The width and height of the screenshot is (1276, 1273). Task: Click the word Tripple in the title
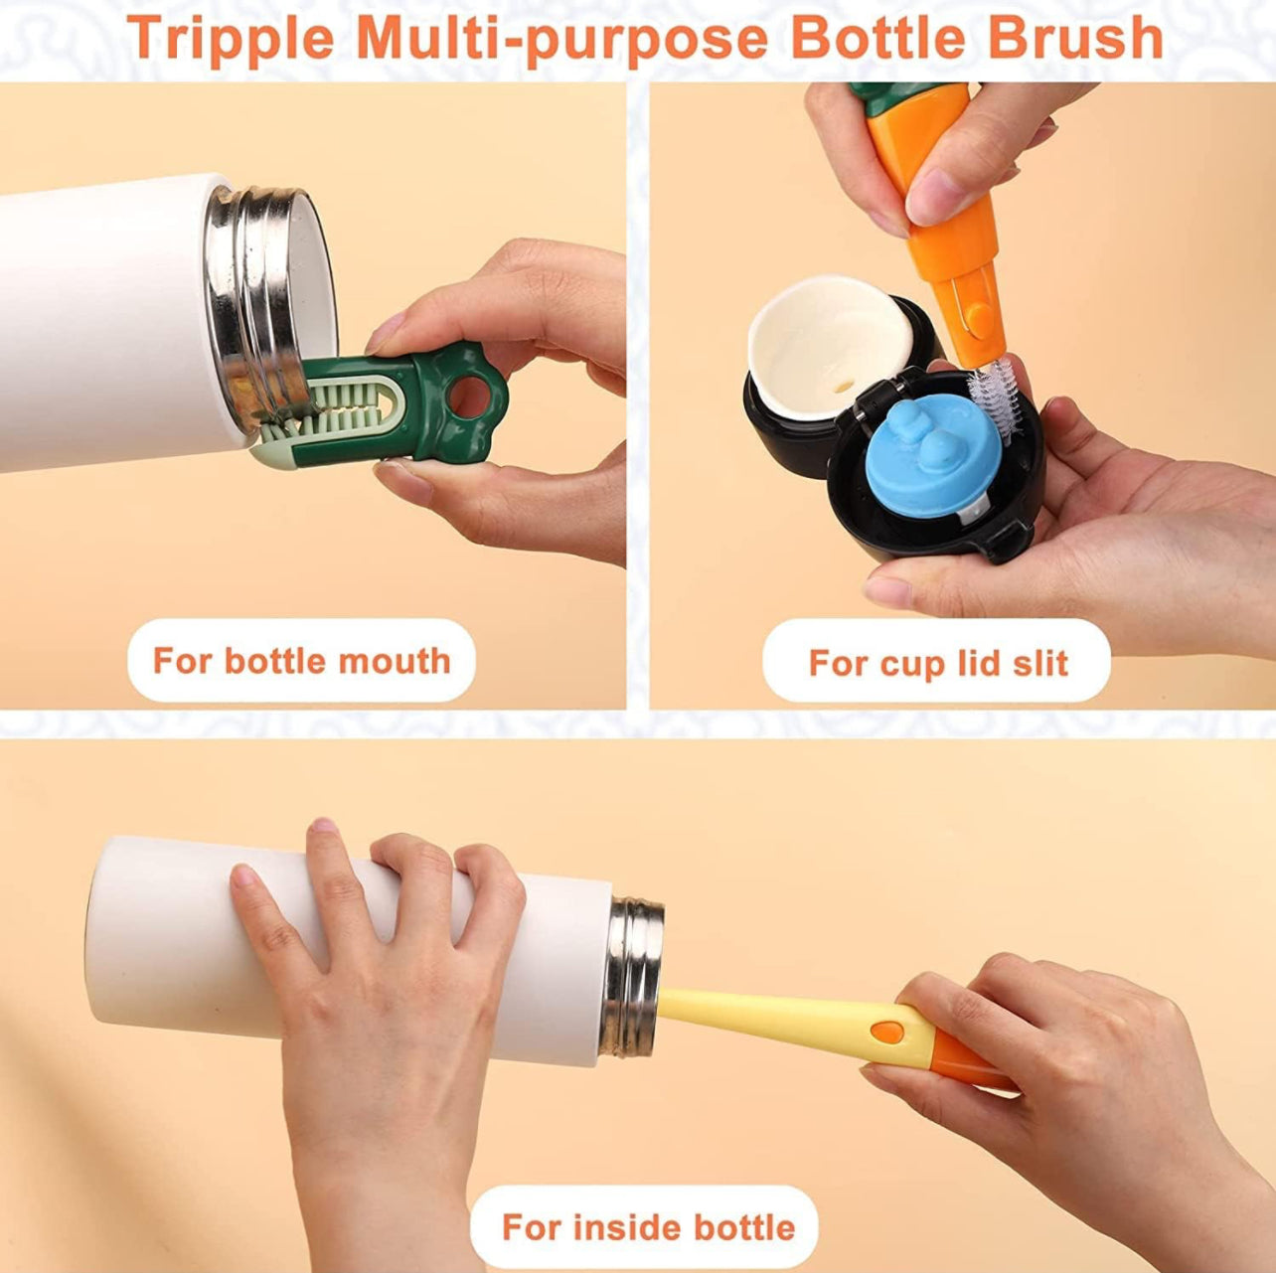[231, 38]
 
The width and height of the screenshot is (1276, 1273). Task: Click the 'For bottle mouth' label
[301, 661]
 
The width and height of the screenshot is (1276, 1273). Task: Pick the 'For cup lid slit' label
[937, 663]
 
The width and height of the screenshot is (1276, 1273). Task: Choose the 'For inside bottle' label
[647, 1227]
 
